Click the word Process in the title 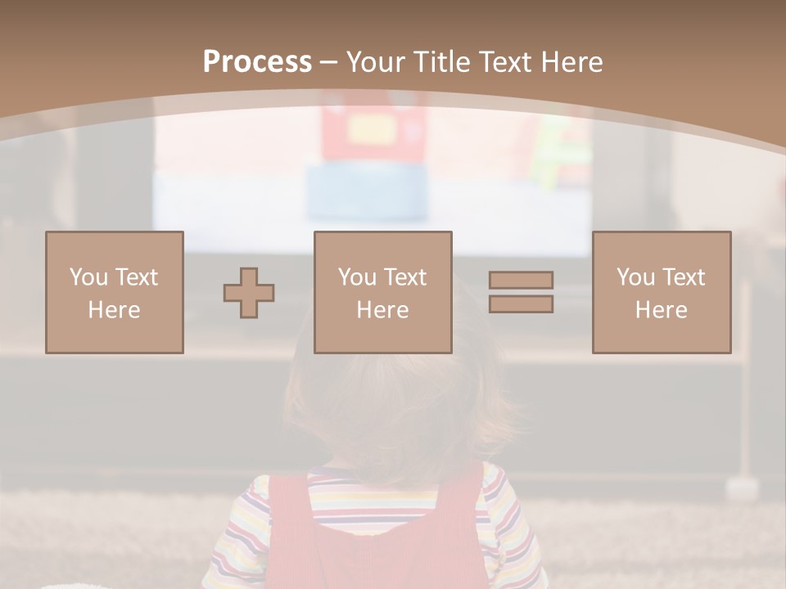point(257,62)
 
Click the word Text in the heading point(505,62)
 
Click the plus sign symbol point(249,293)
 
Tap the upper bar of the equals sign point(521,280)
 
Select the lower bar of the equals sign point(521,304)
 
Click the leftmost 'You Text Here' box point(115,292)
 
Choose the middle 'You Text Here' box point(383,292)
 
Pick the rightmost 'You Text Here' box point(662,292)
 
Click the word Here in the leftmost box point(115,310)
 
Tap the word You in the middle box point(357,277)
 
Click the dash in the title point(329,62)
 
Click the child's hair point(393,393)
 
